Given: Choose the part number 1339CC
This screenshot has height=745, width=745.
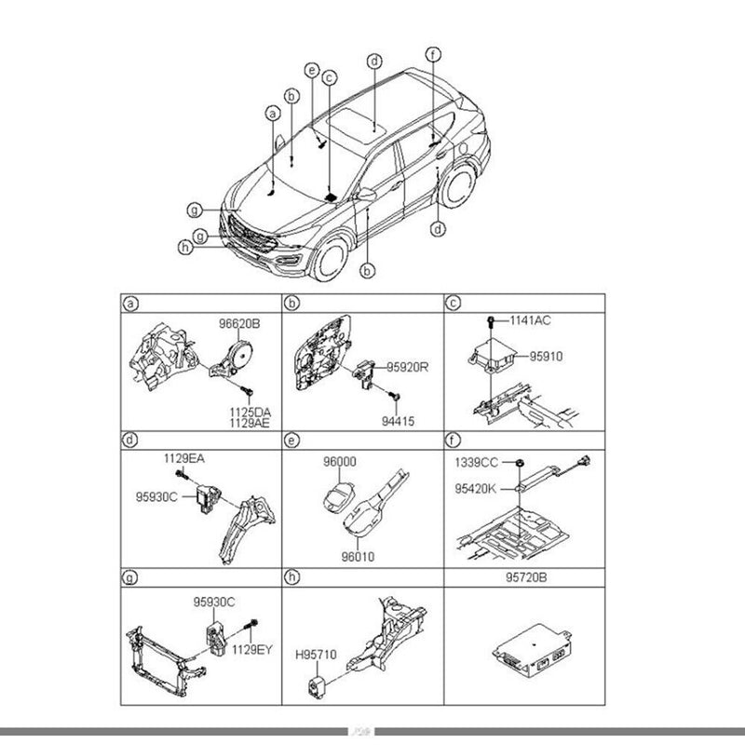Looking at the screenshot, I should (x=475, y=462).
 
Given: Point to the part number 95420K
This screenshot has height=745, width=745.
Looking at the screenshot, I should (x=475, y=486).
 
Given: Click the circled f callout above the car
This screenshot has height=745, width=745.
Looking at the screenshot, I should (x=433, y=53).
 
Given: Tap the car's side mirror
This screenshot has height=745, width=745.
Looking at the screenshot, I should (x=366, y=196).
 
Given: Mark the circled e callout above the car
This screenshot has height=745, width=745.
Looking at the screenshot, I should (x=312, y=70).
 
